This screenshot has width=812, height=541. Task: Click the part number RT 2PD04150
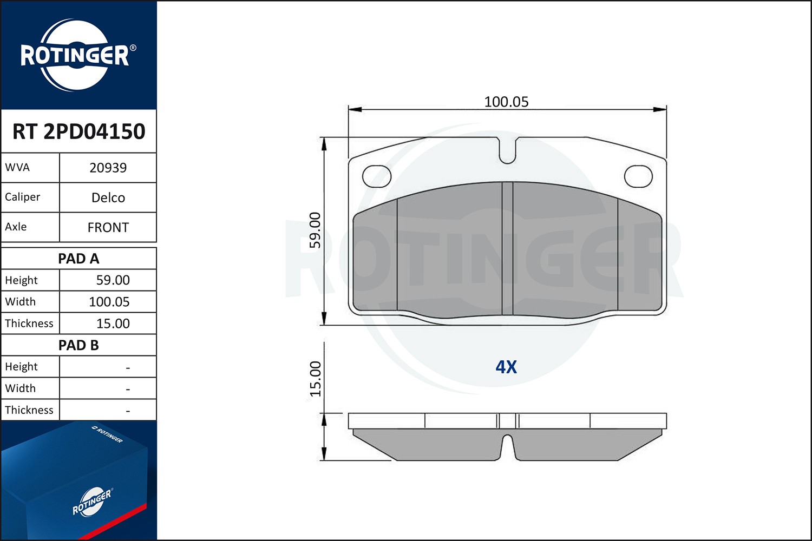(x=78, y=131)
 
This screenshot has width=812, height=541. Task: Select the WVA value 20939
(x=108, y=168)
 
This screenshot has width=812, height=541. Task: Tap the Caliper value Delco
(x=108, y=197)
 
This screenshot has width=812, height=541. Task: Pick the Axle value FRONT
(x=108, y=227)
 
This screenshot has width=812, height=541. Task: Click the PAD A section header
(x=78, y=259)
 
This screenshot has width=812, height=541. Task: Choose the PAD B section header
(x=78, y=345)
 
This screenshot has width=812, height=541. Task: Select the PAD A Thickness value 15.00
(x=113, y=324)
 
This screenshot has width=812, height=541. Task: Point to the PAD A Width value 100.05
(x=109, y=302)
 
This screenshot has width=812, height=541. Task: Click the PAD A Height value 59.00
(x=113, y=280)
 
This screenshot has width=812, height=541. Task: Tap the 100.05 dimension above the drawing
(x=506, y=102)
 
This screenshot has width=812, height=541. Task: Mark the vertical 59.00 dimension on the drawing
(x=315, y=230)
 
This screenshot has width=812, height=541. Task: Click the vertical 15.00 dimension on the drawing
(x=315, y=379)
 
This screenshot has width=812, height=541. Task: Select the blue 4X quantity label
(x=506, y=367)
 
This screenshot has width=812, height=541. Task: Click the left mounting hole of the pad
(x=377, y=176)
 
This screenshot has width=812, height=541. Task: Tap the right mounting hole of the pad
(x=638, y=176)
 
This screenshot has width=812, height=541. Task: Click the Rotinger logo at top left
(x=76, y=55)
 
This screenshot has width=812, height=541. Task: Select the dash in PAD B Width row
(x=128, y=389)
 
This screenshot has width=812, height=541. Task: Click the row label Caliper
(x=23, y=197)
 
